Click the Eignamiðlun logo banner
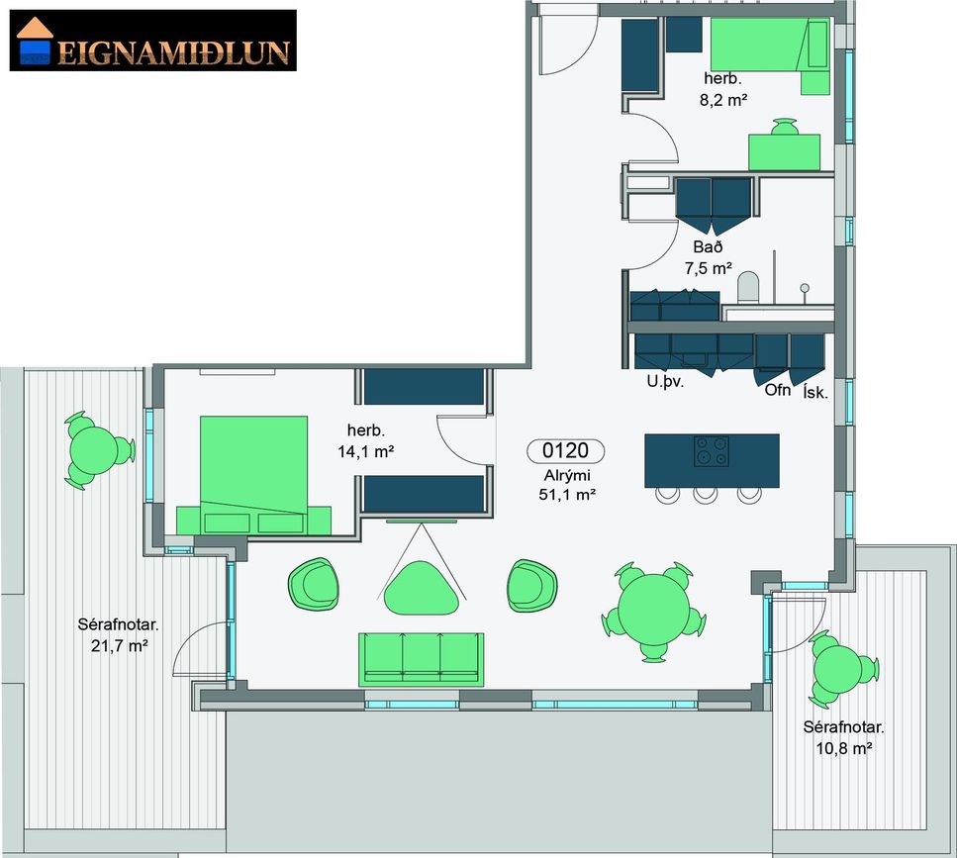pyautogui.click(x=153, y=41)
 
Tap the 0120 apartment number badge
pyautogui.click(x=566, y=451)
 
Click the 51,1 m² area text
pyautogui.click(x=567, y=494)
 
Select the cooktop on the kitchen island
pyautogui.click(x=711, y=451)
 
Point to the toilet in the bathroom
pyautogui.click(x=747, y=287)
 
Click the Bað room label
pyautogui.click(x=708, y=247)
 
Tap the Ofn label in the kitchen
pyautogui.click(x=778, y=389)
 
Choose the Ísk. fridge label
pyautogui.click(x=816, y=393)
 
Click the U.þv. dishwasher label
pyautogui.click(x=665, y=383)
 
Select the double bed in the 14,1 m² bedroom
pyautogui.click(x=254, y=475)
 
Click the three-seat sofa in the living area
pyautogui.click(x=421, y=659)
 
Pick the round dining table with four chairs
pyautogui.click(x=653, y=612)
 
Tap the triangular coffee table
pyautogui.click(x=421, y=588)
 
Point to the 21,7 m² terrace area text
pyautogui.click(x=120, y=645)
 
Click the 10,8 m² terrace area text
pyautogui.click(x=843, y=747)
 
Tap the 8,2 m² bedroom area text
pyautogui.click(x=723, y=100)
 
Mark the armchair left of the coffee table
pyautogui.click(x=314, y=584)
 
